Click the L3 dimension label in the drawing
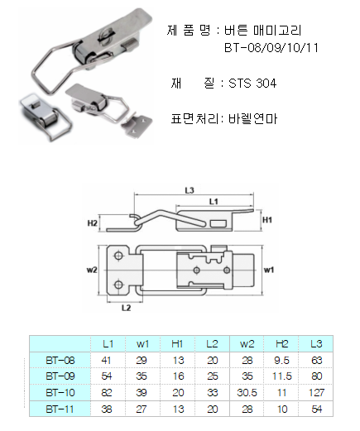(x=190, y=190)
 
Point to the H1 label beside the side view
(x=267, y=220)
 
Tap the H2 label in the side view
(x=93, y=223)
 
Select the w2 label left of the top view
(x=92, y=270)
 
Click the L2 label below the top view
(x=127, y=308)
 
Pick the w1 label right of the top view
(x=269, y=270)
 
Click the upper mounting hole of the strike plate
(x=118, y=256)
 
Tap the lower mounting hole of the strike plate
(x=118, y=285)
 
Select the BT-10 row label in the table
(x=60, y=392)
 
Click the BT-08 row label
(x=60, y=360)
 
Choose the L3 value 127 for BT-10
(x=316, y=392)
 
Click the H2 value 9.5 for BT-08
(x=281, y=360)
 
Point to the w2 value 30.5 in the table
(x=247, y=392)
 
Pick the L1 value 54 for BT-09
(x=107, y=376)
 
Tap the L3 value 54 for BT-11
(x=316, y=409)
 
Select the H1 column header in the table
(x=177, y=344)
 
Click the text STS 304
(x=252, y=83)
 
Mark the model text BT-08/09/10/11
(x=271, y=48)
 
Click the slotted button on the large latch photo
(x=104, y=36)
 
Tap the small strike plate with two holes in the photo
(x=137, y=125)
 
